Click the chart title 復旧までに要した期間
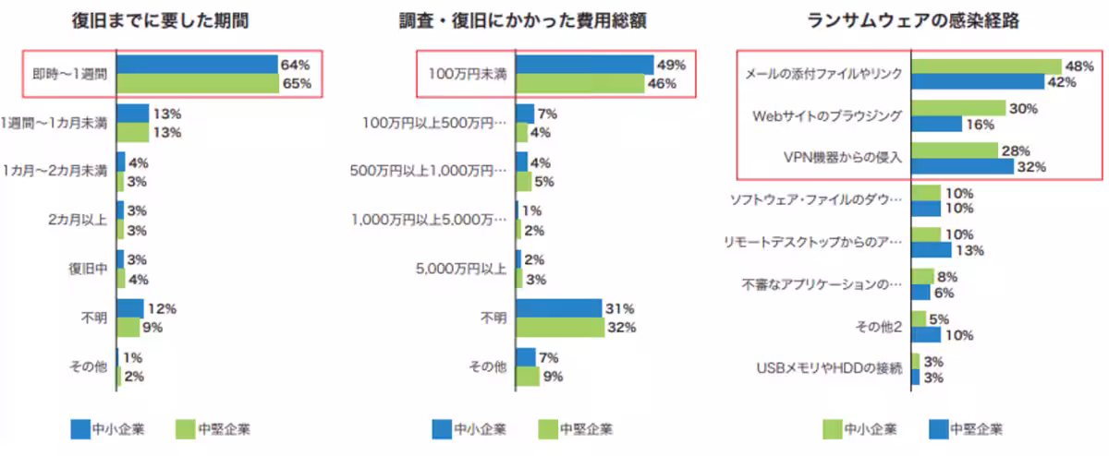pos(160,21)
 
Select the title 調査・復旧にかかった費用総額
pos(523,21)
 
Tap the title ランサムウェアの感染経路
pos(913,21)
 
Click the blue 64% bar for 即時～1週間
pos(197,65)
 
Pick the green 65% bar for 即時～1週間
pos(198,83)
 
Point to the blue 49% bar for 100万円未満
pos(585,65)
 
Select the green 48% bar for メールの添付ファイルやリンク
pos(987,66)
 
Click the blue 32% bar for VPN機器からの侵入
pos(962,166)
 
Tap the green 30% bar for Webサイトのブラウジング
pos(958,108)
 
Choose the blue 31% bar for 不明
pos(559,308)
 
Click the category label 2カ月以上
pos(78,220)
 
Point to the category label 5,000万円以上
pos(461,269)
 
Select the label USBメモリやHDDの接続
pos(829,368)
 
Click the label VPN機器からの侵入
pos(843,157)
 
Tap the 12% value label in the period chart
pos(162,308)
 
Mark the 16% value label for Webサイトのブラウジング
pos(981,125)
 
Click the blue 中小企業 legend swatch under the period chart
pos(80,429)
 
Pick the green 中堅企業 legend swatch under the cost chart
pos(548,429)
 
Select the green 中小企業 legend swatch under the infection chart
pos(833,429)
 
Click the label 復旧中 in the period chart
pos(88,269)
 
